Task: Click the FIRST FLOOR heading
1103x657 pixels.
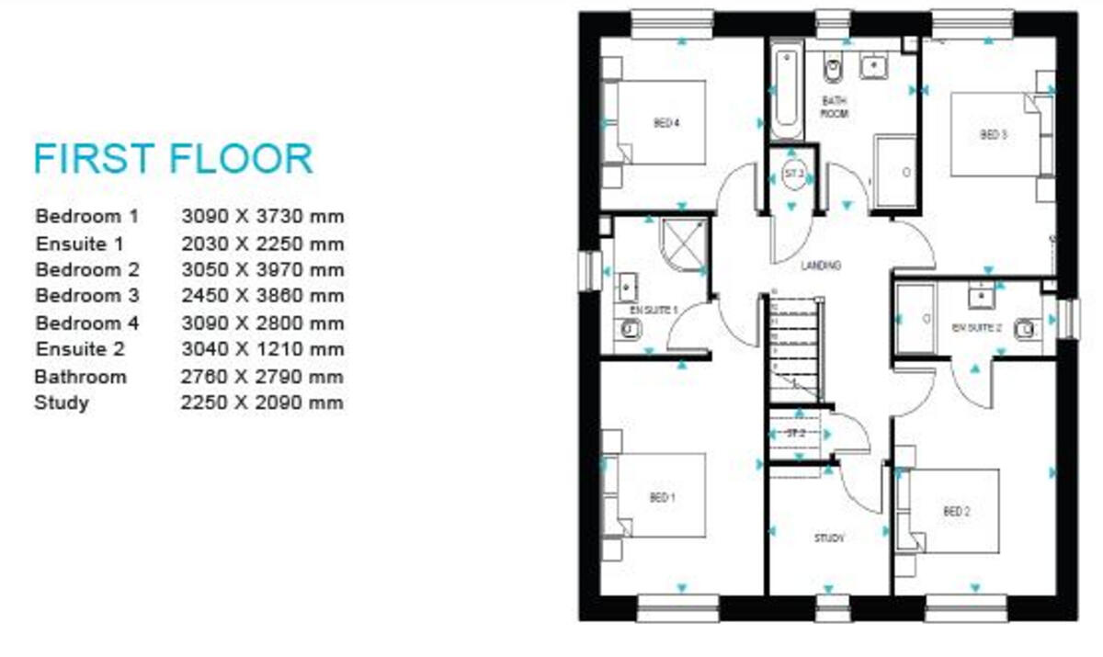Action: click(x=173, y=159)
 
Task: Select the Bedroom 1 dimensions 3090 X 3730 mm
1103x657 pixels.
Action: click(x=263, y=217)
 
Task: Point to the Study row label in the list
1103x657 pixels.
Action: click(x=62, y=402)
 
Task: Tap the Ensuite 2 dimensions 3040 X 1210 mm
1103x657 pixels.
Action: click(x=263, y=349)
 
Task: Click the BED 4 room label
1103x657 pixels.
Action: click(x=665, y=123)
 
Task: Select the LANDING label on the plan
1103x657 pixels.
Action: click(x=821, y=266)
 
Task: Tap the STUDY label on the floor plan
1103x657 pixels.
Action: click(x=828, y=538)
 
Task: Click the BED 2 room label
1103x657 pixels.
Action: click(x=956, y=512)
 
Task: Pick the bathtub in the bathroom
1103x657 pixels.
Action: click(x=787, y=95)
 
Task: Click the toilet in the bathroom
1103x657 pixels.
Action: click(x=834, y=68)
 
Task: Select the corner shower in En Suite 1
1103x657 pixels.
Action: click(x=681, y=244)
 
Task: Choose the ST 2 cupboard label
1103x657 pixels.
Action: click(x=794, y=433)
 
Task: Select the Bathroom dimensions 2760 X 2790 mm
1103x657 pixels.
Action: click(x=263, y=377)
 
